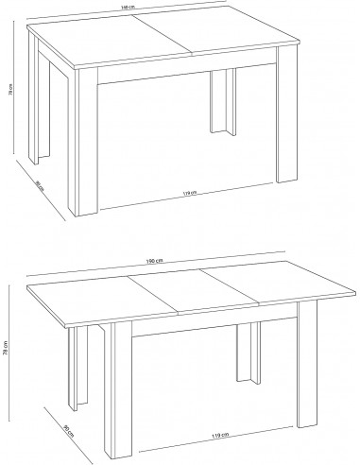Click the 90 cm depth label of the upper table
click(x=39, y=185)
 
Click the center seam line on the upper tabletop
click(x=163, y=38)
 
